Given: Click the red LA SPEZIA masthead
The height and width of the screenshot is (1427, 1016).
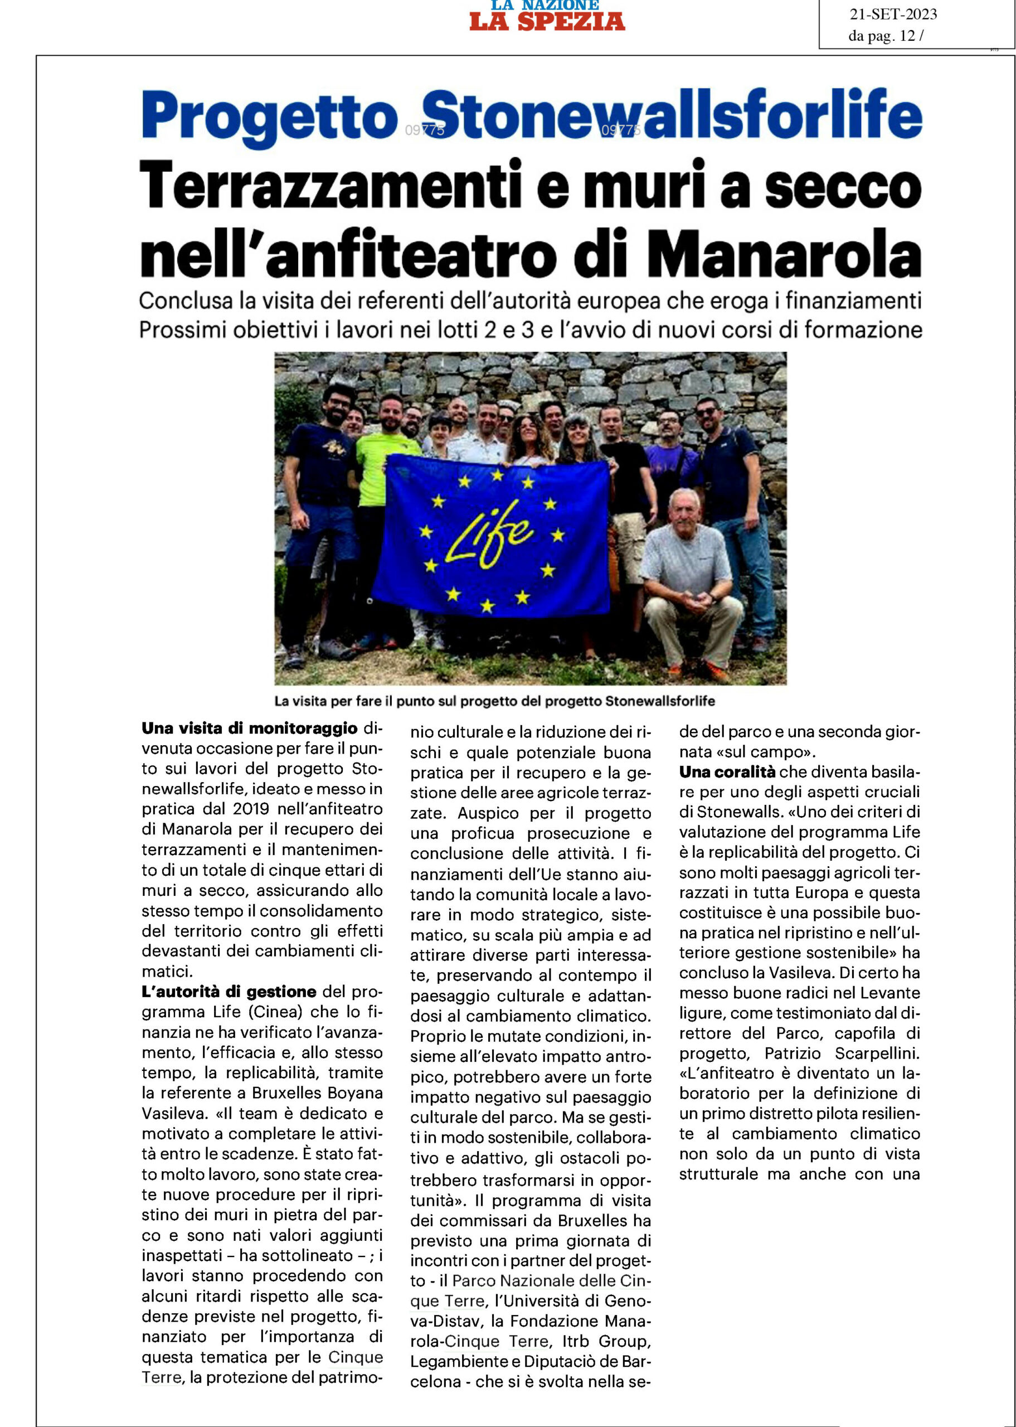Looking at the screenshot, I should tap(547, 21).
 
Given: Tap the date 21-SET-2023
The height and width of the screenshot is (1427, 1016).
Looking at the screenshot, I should tap(893, 14).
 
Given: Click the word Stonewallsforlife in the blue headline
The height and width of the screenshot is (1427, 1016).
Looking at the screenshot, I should tap(671, 116).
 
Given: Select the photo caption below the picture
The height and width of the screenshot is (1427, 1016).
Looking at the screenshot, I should tap(494, 701).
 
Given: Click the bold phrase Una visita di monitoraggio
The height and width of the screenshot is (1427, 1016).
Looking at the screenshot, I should tap(250, 729).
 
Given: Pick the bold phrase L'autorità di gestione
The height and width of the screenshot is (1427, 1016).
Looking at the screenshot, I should tap(229, 992).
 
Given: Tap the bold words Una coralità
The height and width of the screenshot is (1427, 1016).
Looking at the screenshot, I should tap(727, 772).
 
